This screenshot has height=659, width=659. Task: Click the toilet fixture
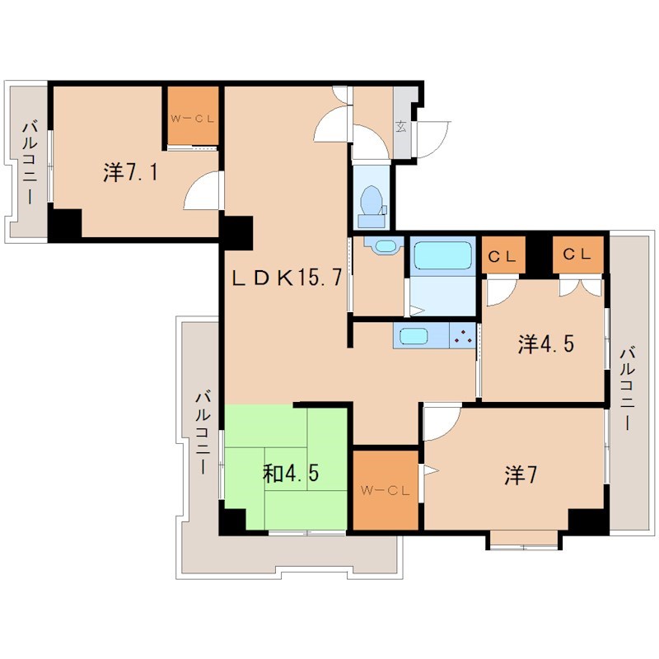[372, 207]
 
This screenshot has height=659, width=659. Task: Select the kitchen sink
[414, 336]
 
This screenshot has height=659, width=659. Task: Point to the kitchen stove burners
[463, 335]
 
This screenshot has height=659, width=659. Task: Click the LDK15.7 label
[287, 278]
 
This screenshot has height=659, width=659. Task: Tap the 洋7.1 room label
[131, 172]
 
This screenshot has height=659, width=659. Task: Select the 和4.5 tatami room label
[291, 473]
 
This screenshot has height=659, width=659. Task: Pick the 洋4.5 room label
[546, 344]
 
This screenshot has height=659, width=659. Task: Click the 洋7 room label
[521, 475]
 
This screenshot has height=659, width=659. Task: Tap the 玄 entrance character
[401, 126]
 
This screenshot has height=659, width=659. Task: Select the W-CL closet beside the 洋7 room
[386, 490]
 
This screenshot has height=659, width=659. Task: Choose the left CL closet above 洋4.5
[503, 255]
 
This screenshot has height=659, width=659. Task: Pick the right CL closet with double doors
[578, 255]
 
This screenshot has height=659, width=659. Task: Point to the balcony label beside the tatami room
[203, 432]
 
